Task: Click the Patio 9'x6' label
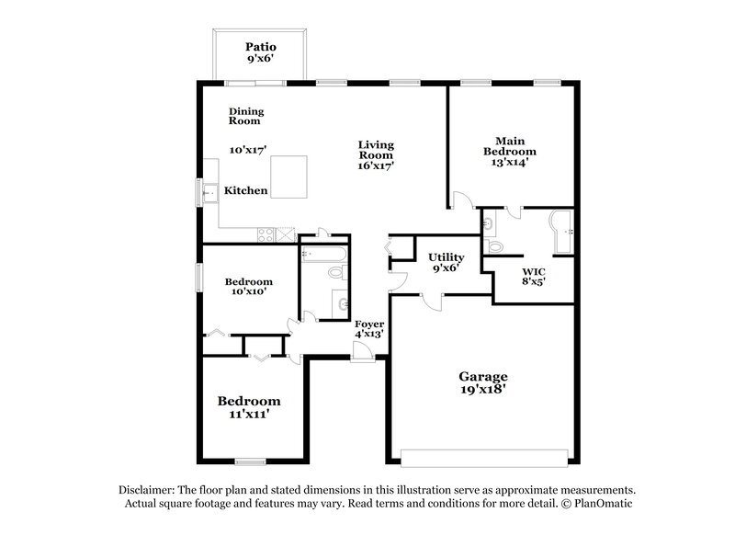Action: point(261,52)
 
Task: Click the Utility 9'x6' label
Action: point(446,263)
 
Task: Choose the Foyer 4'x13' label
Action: point(369,328)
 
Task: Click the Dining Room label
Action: point(246,116)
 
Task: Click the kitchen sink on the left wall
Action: point(210,191)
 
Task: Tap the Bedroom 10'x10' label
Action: point(249,287)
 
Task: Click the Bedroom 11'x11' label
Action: point(249,407)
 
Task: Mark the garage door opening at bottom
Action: point(483,457)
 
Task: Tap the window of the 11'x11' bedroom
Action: point(250,461)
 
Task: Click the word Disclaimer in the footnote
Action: point(148,490)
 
